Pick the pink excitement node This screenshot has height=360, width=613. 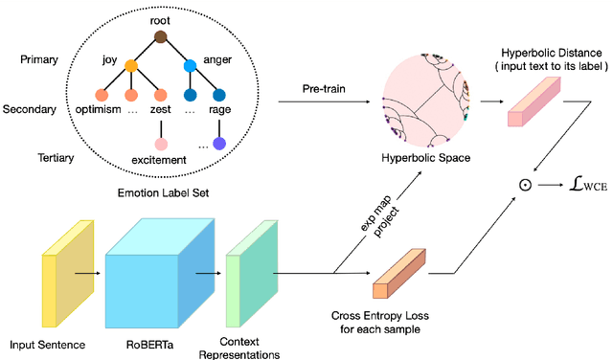(x=161, y=144)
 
